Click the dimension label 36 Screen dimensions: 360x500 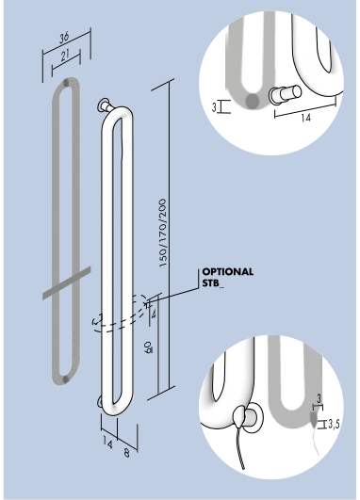coord(64,38)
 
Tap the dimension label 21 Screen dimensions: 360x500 coord(65,56)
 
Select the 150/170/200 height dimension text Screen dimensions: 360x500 coord(163,233)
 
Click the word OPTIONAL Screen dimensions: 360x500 coord(228,272)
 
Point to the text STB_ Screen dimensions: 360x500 coord(213,283)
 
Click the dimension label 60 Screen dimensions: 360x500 coord(148,347)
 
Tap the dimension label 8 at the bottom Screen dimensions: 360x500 coord(126,453)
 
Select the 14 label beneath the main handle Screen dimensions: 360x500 coord(107,442)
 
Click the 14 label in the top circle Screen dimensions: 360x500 coord(305,118)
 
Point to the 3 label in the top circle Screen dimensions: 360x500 coord(214,107)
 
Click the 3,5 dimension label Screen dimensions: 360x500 coord(334,424)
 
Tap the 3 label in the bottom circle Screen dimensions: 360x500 coord(319,398)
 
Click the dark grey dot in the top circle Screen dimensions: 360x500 coord(253,101)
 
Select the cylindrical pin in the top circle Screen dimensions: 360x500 coord(285,94)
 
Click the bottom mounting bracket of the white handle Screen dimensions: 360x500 coord(100,402)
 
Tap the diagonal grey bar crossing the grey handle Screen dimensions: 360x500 coord(67,283)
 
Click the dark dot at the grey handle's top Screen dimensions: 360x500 coord(66,82)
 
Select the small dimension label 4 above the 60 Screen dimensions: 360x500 coord(154,315)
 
